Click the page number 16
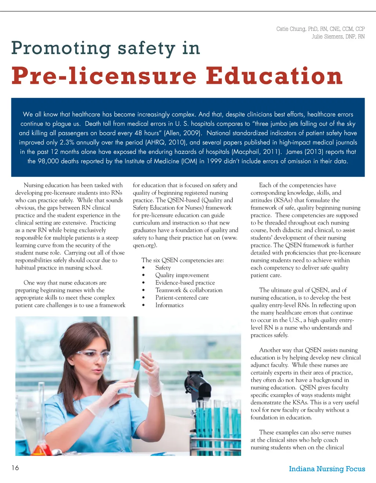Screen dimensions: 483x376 coord(15,468)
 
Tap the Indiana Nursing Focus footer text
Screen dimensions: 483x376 coord(327,469)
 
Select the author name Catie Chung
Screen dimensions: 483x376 coord(292,29)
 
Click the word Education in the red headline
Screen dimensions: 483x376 coord(274,76)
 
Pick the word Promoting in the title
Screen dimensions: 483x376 coord(61,48)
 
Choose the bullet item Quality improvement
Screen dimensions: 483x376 coord(182,275)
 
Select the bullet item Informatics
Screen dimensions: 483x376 coord(169,305)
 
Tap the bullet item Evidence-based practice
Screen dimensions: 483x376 coord(185,283)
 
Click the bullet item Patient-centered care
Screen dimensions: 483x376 coord(182,298)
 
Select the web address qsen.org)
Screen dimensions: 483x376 coord(144,245)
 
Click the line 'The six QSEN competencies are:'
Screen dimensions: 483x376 coord(182,260)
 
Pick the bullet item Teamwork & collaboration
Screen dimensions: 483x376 coord(189,290)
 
